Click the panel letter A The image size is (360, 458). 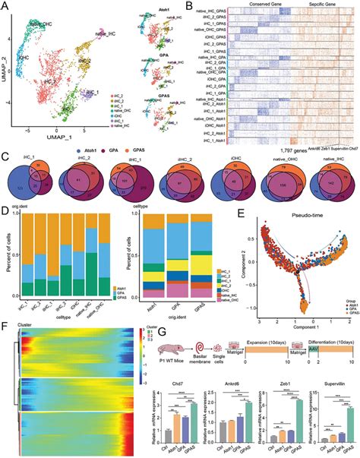(x=5, y=6)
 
